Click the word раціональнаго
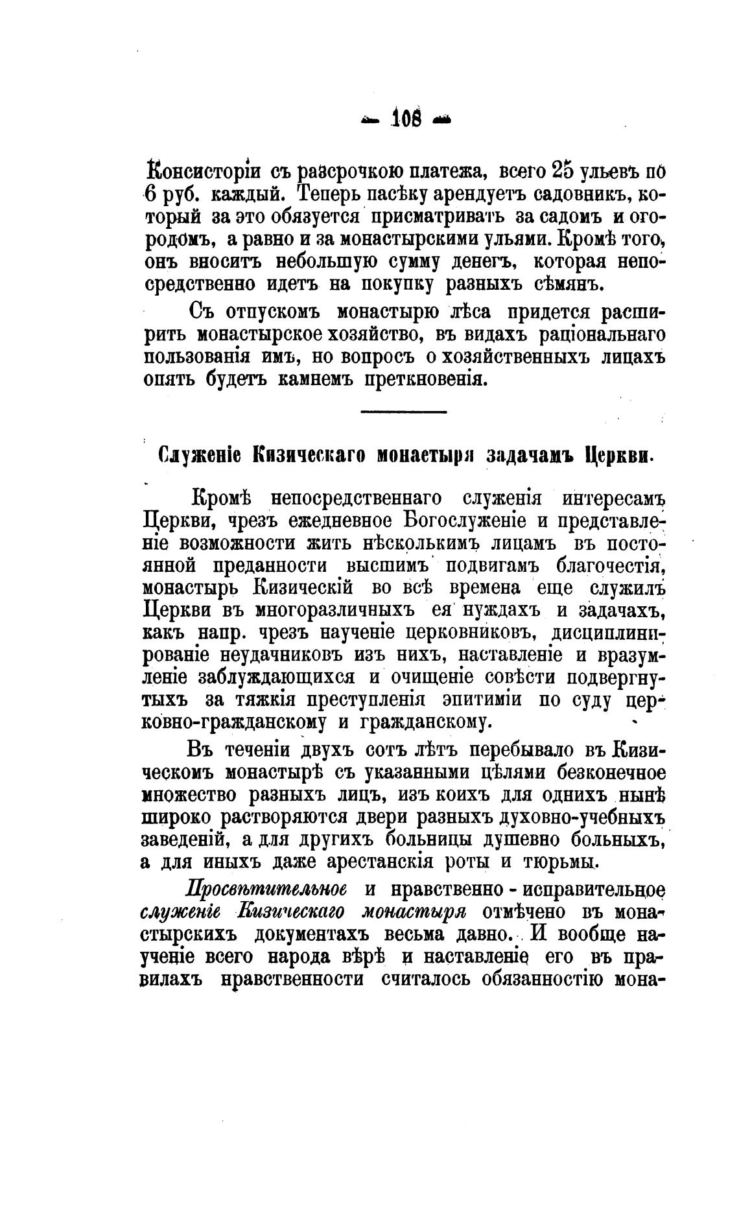[591, 335]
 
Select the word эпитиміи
[484, 700]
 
